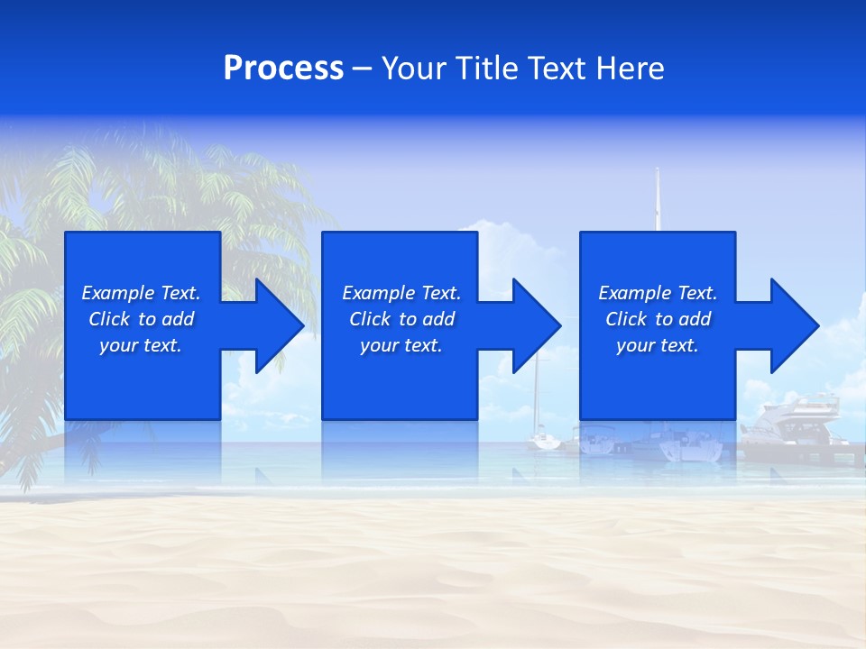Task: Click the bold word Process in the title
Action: (x=283, y=69)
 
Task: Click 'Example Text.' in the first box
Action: (x=141, y=293)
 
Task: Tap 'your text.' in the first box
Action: (x=141, y=345)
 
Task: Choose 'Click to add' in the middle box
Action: (x=401, y=319)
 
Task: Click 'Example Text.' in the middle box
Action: (x=401, y=293)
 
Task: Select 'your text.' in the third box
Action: (x=658, y=345)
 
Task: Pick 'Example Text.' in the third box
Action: (x=658, y=293)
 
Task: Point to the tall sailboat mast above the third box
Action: (x=658, y=198)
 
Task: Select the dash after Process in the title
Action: (x=363, y=69)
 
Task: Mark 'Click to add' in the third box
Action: (x=658, y=319)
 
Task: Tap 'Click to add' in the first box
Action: (x=141, y=319)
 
